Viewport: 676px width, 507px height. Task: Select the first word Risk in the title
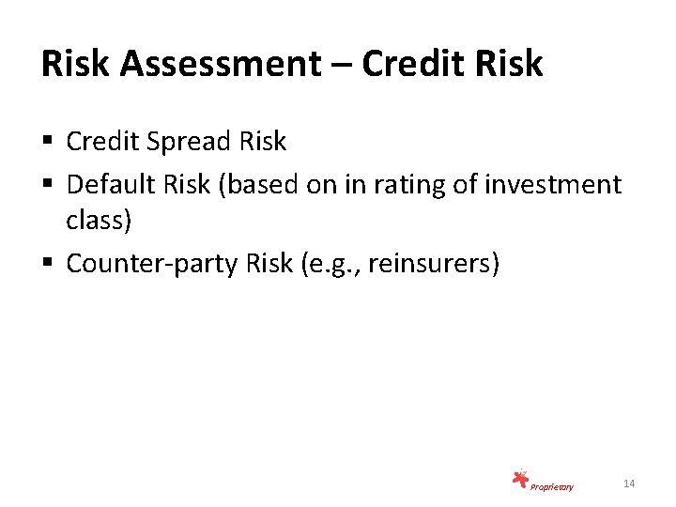(x=71, y=64)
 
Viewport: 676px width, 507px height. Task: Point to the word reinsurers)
(x=434, y=265)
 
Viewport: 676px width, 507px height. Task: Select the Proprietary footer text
(x=551, y=486)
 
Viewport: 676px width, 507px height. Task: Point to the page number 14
(x=629, y=483)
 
